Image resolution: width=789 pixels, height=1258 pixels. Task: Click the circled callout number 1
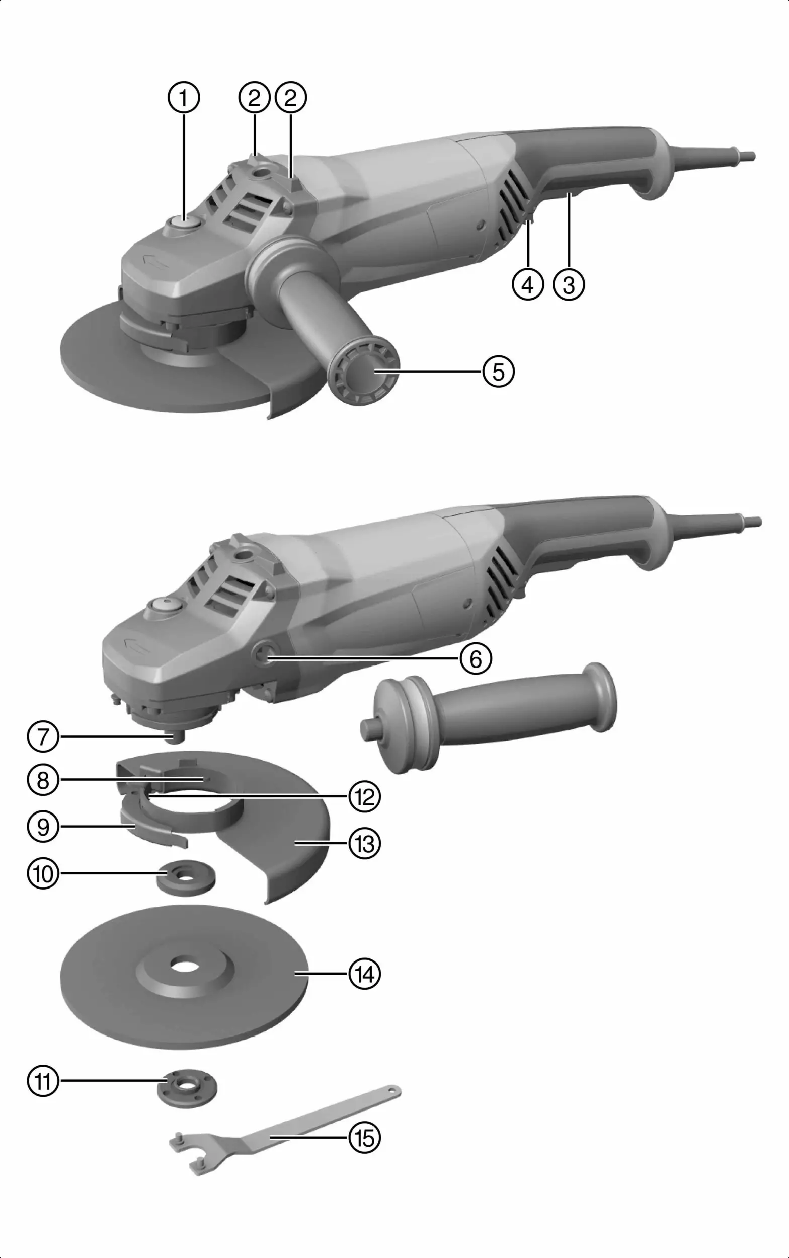point(183,98)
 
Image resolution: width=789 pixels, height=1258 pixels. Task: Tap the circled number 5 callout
point(498,372)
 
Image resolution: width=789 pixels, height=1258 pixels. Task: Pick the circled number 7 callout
point(43,736)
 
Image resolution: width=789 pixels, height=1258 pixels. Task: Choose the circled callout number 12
point(365,797)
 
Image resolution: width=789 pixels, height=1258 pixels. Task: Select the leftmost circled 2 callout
point(254,98)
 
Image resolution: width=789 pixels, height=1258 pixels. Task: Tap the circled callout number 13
point(365,843)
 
